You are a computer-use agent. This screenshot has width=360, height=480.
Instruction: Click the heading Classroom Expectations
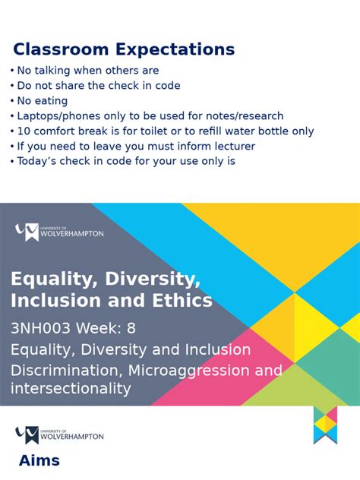pyautogui.click(x=124, y=50)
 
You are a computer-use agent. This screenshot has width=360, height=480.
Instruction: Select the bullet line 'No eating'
pyautogui.click(x=43, y=101)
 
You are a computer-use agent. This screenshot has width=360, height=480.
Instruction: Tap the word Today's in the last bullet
pyautogui.click(x=39, y=161)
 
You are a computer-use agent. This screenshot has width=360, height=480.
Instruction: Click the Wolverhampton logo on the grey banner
pyautogui.click(x=59, y=232)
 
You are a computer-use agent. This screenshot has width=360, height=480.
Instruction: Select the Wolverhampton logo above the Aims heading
pyautogui.click(x=59, y=435)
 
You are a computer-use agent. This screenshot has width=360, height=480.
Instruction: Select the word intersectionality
pyautogui.click(x=71, y=389)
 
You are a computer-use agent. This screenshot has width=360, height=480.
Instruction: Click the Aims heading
pyautogui.click(x=39, y=461)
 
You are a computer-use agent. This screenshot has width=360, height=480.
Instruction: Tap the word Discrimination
pyautogui.click(x=66, y=371)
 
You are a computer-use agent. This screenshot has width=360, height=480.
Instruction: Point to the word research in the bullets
pyautogui.click(x=258, y=116)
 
